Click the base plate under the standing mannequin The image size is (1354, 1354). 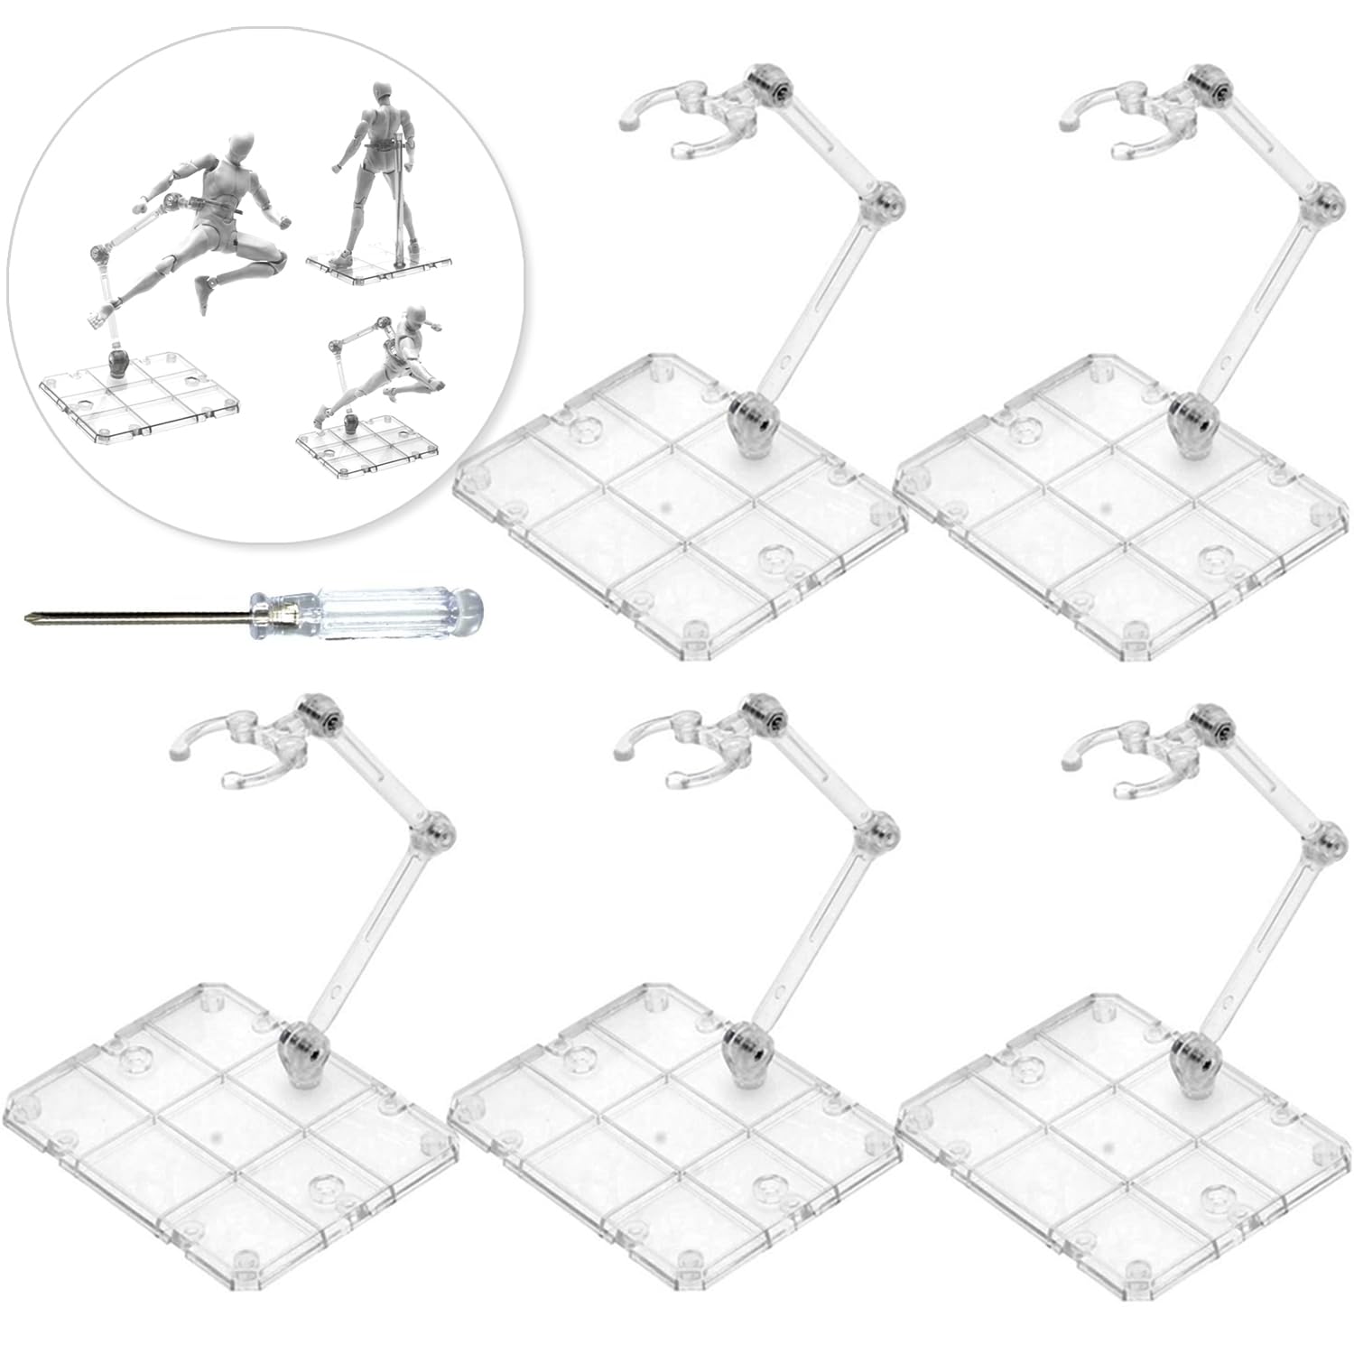pos(379,264)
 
